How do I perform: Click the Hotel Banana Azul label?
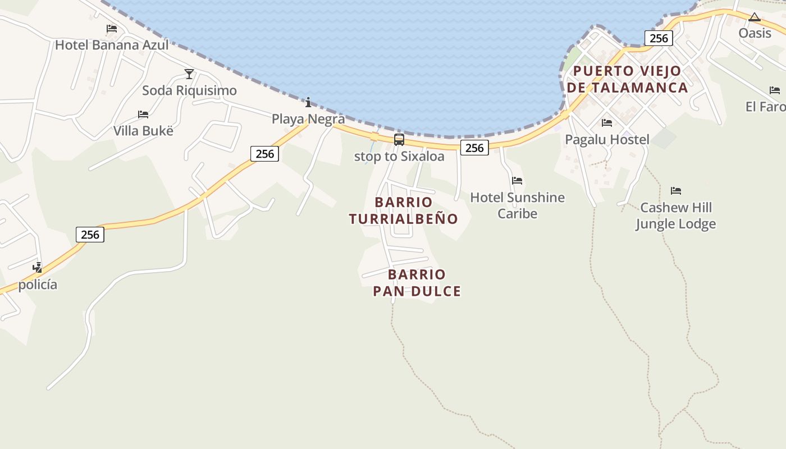[112, 45]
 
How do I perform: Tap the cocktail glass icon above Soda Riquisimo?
[189, 74]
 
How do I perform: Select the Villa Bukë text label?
[143, 131]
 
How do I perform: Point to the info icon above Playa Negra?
[308, 102]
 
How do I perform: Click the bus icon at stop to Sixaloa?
[399, 140]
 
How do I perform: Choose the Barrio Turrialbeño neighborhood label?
[404, 210]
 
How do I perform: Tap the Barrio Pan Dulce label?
[417, 283]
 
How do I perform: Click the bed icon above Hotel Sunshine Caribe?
[517, 181]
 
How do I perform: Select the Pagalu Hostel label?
[607, 140]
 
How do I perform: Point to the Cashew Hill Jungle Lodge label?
[676, 216]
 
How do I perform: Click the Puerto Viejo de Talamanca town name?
[627, 79]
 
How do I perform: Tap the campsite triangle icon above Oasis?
[754, 17]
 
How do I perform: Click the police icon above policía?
[38, 267]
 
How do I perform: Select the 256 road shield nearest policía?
[90, 235]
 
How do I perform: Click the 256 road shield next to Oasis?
[659, 38]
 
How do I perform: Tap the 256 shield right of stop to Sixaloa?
[474, 148]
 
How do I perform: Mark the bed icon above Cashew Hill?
[676, 191]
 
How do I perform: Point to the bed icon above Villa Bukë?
[143, 114]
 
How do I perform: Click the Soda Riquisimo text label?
[189, 90]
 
